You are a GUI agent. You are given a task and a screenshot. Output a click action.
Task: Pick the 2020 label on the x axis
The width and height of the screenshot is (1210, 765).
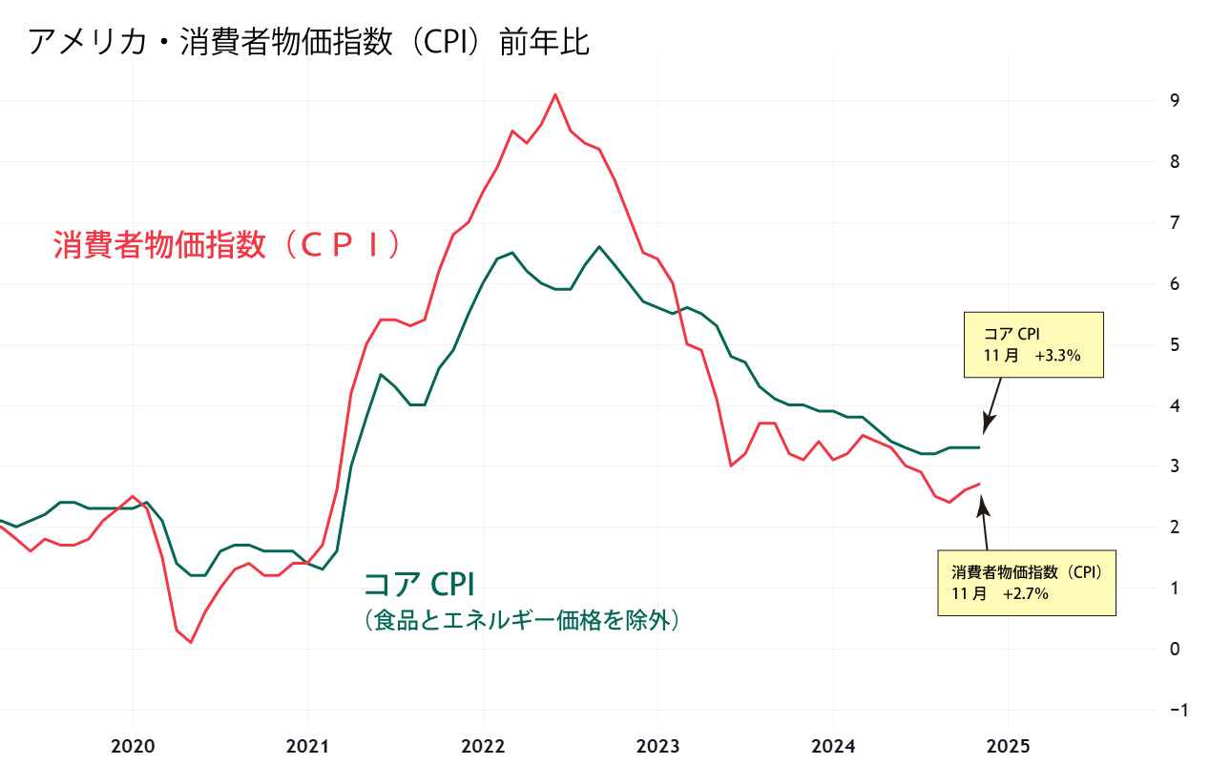[132, 745]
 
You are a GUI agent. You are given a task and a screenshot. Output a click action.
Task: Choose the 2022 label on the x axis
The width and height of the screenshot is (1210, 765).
[483, 745]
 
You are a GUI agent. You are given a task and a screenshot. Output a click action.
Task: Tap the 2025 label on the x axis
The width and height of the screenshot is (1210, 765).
[1009, 745]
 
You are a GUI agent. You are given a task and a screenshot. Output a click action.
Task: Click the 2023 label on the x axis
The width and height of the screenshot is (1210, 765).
[657, 745]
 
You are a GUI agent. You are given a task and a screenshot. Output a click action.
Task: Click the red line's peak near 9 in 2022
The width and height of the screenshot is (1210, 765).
[555, 94]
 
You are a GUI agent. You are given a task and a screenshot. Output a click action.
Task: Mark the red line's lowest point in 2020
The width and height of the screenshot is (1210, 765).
[191, 642]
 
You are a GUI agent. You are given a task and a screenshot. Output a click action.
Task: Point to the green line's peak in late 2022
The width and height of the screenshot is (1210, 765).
[598, 246]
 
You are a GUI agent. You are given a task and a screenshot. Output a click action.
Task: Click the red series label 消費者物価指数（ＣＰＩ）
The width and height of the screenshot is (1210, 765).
[227, 245]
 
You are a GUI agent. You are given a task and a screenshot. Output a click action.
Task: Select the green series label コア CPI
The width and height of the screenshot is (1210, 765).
[419, 583]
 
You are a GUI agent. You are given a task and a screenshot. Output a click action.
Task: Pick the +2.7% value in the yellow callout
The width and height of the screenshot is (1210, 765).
[1026, 593]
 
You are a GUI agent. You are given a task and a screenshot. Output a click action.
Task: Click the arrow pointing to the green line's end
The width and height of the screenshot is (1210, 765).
[992, 406]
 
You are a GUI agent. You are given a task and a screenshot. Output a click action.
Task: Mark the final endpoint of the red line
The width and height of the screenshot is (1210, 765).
[979, 484]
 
